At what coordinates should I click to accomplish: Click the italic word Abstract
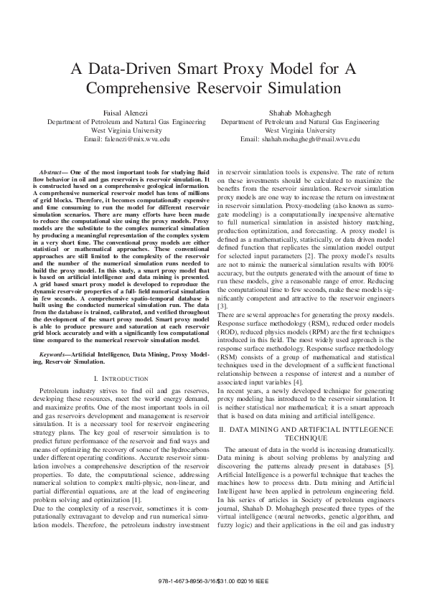(52, 174)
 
